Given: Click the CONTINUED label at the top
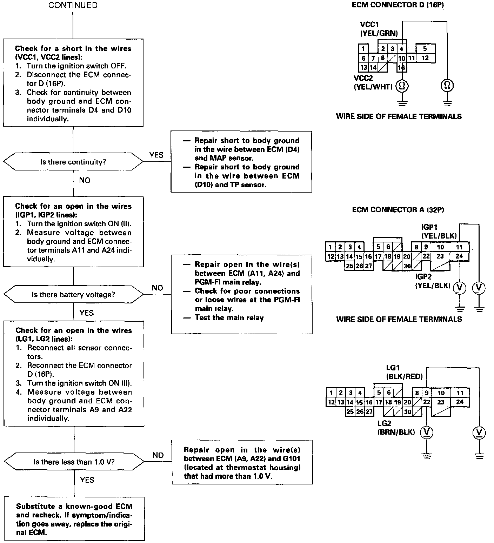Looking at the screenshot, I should point(73,5).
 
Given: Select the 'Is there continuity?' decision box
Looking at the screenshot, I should point(73,162).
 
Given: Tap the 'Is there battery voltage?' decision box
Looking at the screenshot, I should point(73,295).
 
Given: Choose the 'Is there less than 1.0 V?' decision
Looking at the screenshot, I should point(74,462).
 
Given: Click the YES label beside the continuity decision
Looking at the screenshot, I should point(156,155).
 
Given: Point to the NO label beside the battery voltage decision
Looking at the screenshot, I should point(157,288).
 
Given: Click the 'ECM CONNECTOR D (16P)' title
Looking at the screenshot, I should point(398,5).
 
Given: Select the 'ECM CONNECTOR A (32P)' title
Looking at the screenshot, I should point(398,210).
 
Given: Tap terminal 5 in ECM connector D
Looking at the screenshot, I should point(425,49).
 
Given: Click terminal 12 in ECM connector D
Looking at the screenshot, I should point(425,58).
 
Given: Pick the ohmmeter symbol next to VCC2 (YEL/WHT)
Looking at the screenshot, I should point(402,86).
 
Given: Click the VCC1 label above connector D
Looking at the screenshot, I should point(369,25).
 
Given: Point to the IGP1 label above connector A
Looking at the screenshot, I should point(429,227).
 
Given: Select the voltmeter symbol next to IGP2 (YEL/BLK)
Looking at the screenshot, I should point(459,288).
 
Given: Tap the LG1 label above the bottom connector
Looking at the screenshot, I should point(393,368).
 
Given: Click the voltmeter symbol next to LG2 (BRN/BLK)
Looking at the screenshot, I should point(426,433).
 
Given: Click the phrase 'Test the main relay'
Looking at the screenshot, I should point(229,318).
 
